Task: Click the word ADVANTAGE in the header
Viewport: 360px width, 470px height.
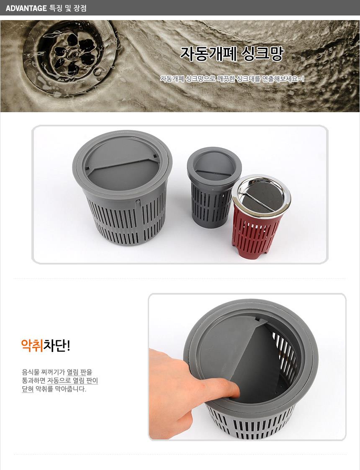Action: [26, 8]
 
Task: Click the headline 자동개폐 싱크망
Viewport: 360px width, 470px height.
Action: [232, 54]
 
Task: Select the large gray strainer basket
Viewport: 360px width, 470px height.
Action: [122, 187]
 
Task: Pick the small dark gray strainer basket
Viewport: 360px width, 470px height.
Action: [213, 187]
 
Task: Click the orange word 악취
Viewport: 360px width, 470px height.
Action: [32, 345]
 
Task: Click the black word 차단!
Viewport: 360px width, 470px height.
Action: [57, 345]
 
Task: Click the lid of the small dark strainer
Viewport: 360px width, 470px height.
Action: [214, 166]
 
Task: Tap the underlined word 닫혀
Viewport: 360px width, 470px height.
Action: [28, 389]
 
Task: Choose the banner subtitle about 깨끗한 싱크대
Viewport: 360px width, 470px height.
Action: [232, 79]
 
